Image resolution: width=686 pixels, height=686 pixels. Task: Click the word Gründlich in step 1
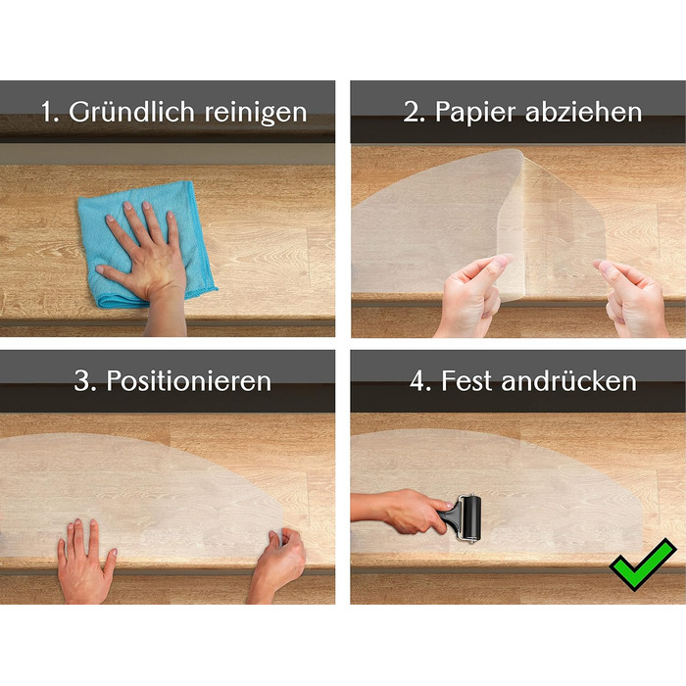[131, 112]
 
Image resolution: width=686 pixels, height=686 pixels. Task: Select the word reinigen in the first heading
[256, 113]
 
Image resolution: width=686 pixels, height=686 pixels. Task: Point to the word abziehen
[584, 112]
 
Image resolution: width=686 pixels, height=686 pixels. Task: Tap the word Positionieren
[189, 380]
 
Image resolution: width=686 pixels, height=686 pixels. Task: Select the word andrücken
[568, 380]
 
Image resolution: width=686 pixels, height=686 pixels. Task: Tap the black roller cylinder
[471, 517]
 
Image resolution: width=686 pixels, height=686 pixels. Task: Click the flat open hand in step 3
[84, 564]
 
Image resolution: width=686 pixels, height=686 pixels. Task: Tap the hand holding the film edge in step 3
[277, 564]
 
